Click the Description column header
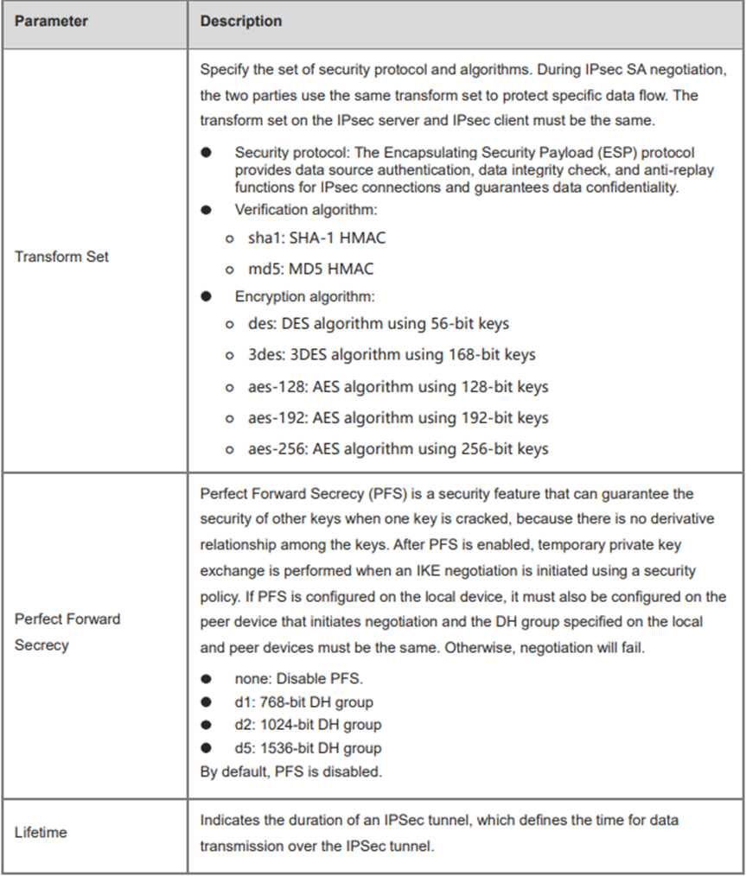click(241, 21)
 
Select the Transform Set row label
click(61, 257)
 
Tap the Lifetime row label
click(41, 832)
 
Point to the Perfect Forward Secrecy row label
click(67, 632)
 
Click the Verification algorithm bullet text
click(296, 209)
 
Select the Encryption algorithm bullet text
click(304, 296)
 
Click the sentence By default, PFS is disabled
click(290, 771)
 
